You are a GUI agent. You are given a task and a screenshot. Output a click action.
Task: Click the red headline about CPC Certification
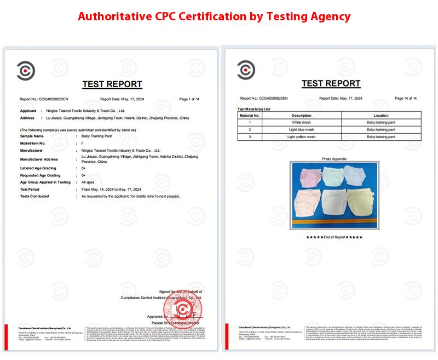pyautogui.click(x=214, y=16)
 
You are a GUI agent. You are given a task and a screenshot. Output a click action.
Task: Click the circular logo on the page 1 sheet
pyautogui.click(x=26, y=71)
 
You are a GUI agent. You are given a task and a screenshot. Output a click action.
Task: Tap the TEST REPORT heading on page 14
pyautogui.click(x=331, y=83)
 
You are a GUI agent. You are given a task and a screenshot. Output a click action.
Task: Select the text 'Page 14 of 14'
pyautogui.click(x=406, y=99)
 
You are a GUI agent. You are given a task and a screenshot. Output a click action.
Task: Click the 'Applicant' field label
pyautogui.click(x=28, y=111)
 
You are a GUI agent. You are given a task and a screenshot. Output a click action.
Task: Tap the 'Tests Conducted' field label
pyautogui.click(x=34, y=196)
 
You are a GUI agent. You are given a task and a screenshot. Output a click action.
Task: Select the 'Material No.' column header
pyautogui.click(x=250, y=116)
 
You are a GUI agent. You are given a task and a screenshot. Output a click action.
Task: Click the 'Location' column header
pyautogui.click(x=381, y=116)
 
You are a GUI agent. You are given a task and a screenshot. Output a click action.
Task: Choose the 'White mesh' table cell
pyautogui.click(x=302, y=123)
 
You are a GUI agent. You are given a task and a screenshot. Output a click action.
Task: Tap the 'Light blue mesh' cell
pyautogui.click(x=302, y=130)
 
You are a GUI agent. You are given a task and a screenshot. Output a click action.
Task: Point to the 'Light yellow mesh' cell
pyautogui.click(x=302, y=137)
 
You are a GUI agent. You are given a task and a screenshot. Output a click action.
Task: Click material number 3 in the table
pyautogui.click(x=250, y=137)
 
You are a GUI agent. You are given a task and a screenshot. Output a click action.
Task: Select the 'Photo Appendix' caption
pyautogui.click(x=335, y=159)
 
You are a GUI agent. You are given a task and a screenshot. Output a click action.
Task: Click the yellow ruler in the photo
pyautogui.click(x=334, y=224)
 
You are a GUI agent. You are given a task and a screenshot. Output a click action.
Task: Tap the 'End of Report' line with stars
pyautogui.click(x=334, y=237)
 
